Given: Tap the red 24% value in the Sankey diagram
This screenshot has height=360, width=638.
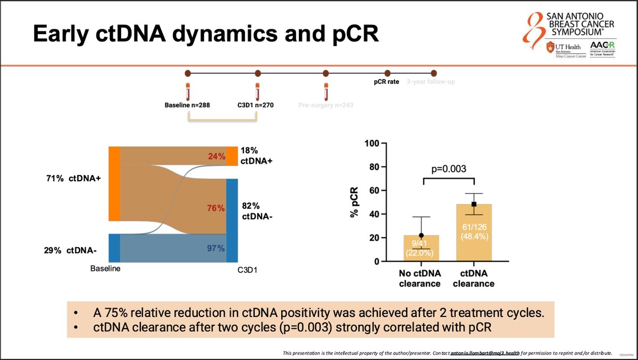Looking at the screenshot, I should [216, 156].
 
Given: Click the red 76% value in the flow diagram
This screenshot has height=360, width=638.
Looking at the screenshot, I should [216, 208].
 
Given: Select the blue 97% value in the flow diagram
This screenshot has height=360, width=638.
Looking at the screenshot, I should [216, 248].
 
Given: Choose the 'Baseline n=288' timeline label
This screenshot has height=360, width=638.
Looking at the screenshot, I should [187, 105].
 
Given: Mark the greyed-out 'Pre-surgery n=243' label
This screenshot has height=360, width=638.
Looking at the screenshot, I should [325, 105].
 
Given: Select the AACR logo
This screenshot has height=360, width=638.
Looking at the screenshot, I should [601, 51].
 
